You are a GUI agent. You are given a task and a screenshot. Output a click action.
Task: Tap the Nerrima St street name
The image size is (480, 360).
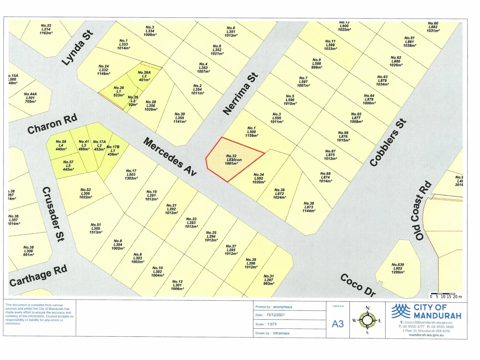coord(240,94)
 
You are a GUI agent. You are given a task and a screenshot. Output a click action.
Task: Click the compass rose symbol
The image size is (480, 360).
coord(367,320)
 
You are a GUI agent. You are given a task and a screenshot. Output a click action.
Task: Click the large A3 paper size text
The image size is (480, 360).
coord(338,324)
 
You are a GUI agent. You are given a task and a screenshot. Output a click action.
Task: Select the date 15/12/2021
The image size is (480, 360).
coord(275,315)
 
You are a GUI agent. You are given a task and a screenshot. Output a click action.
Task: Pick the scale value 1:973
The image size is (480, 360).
coord(271,324)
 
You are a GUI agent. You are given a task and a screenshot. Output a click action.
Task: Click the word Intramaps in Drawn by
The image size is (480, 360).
coord(281,333)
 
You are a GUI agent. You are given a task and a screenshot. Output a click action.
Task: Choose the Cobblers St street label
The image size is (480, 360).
coord(388,142)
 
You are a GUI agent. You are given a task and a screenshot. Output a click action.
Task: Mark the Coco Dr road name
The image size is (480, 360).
coord(358,285)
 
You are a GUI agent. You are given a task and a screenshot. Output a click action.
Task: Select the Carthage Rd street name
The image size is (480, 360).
coord(38,276)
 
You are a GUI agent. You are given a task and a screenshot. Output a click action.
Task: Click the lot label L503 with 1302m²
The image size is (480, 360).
coord(131,174)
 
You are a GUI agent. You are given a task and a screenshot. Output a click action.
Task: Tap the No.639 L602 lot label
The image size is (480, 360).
coord(398,268)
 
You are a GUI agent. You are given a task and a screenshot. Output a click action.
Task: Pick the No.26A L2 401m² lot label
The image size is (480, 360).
coord(144,76)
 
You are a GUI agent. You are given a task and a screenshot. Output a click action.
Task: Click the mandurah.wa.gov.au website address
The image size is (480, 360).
coord(426,335)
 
